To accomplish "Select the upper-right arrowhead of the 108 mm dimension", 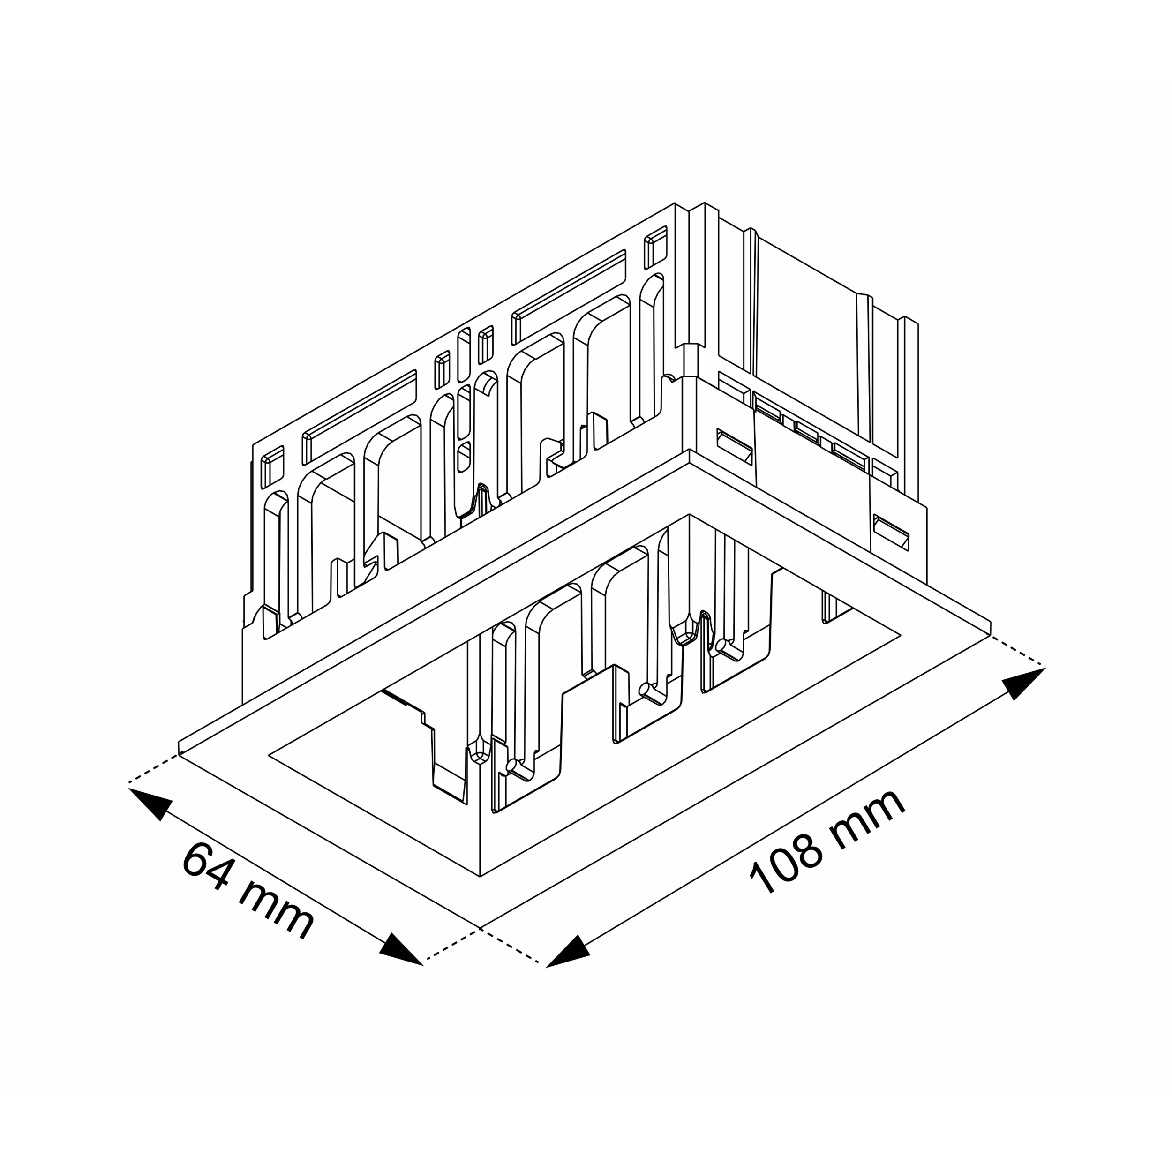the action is (x=1023, y=683).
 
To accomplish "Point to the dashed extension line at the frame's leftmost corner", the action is (x=154, y=769).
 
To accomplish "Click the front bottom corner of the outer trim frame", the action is (x=480, y=928).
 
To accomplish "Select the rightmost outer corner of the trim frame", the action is (x=990, y=635).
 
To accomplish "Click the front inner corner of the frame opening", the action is (x=480, y=877).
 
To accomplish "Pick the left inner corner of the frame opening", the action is (x=269, y=756).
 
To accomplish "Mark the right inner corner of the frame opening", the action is (x=900, y=635).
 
